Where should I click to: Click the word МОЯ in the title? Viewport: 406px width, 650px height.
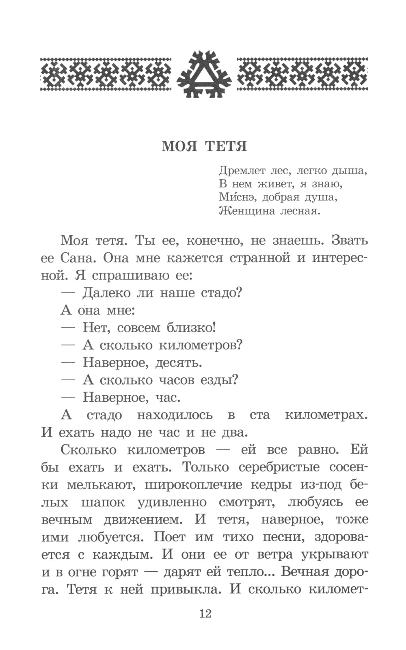tap(179, 146)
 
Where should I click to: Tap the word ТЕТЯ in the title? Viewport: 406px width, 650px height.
tap(226, 146)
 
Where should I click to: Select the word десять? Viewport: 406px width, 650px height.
tap(179, 362)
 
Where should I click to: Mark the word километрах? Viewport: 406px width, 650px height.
tap(326, 415)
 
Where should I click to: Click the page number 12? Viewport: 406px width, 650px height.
tap(205, 614)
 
